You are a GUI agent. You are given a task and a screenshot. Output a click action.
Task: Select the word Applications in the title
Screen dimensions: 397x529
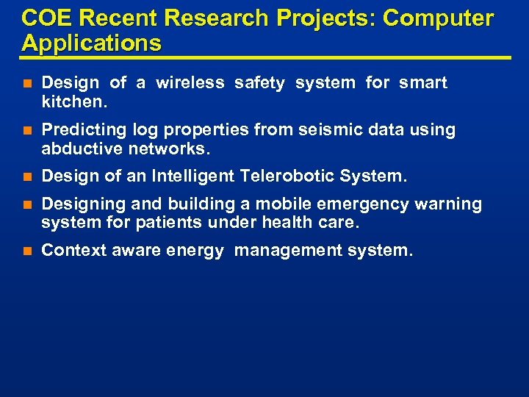92,43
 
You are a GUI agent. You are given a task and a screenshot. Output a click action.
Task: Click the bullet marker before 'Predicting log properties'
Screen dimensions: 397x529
27,131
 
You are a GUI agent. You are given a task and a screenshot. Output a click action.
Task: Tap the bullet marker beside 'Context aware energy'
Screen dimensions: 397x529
27,251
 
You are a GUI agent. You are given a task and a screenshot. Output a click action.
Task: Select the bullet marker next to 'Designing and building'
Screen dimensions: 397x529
27,204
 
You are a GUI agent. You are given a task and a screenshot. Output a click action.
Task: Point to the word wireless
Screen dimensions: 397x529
190,83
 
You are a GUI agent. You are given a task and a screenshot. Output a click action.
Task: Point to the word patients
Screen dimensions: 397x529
171,222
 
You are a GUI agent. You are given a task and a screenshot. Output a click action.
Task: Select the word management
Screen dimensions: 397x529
285,251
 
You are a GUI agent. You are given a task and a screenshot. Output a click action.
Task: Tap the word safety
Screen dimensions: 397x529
260,83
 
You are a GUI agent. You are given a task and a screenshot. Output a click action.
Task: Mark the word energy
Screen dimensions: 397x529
195,251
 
